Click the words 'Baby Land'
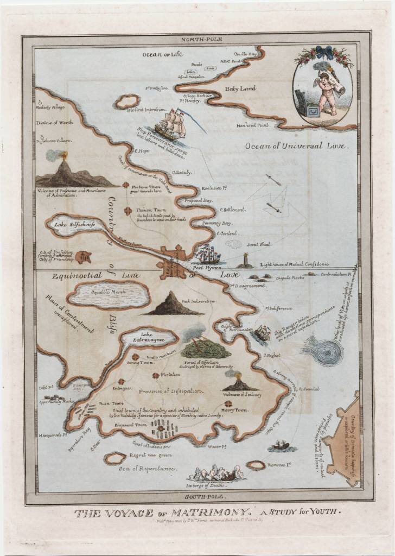coord(240,89)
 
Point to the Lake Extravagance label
coord(148,338)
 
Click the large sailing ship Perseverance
coord(170,124)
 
